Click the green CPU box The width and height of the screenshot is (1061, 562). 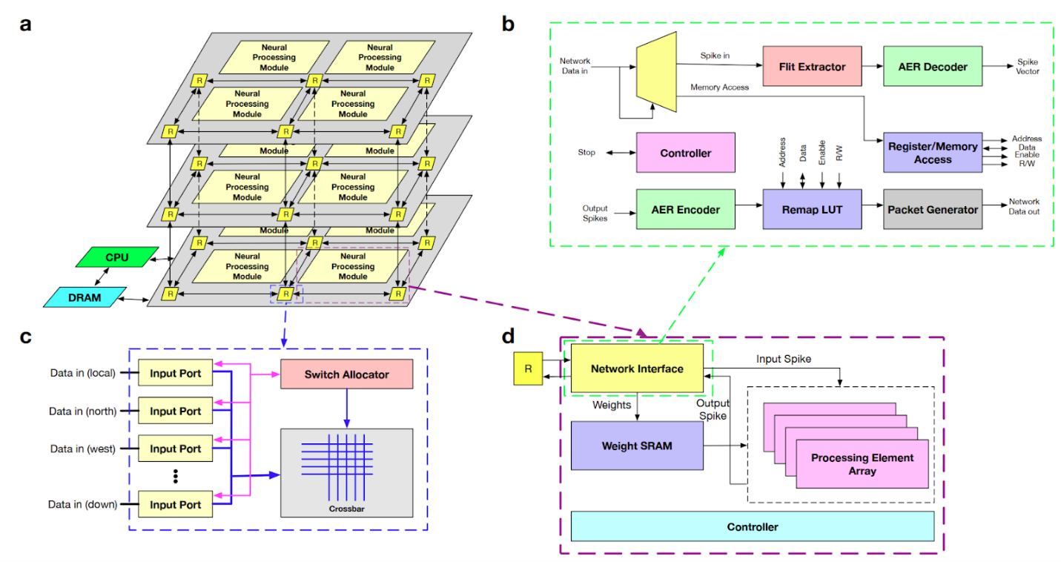(x=117, y=257)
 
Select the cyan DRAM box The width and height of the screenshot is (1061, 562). (x=85, y=297)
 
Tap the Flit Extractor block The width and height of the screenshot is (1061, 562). (x=812, y=67)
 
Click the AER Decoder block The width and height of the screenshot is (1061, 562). (x=933, y=67)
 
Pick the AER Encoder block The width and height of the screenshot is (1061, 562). (x=685, y=210)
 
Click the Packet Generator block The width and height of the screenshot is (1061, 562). (x=933, y=210)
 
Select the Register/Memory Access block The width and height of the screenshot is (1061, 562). (x=933, y=153)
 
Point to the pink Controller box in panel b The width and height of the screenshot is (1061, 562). (x=685, y=153)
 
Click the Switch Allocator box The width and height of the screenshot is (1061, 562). (x=346, y=374)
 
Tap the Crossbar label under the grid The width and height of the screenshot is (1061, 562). (x=347, y=509)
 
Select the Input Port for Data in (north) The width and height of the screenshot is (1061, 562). (x=175, y=411)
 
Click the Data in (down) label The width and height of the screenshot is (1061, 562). (x=83, y=505)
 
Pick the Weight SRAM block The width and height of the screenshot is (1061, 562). (x=637, y=445)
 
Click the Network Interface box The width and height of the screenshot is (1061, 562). (x=637, y=368)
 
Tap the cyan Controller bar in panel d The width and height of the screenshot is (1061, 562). (x=752, y=526)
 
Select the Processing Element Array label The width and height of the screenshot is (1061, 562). (x=862, y=464)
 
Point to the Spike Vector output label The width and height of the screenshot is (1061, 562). (x=1027, y=67)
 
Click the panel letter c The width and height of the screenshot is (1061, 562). (x=26, y=336)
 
